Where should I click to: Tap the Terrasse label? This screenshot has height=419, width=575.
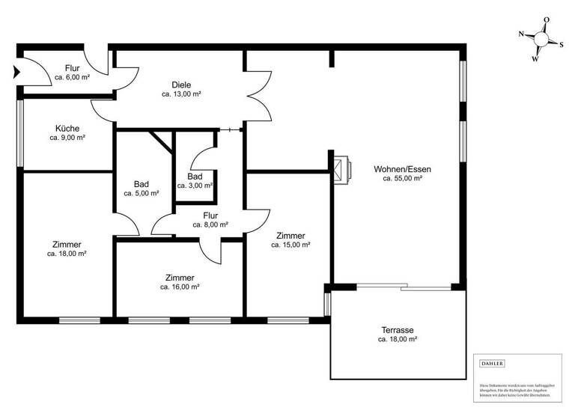point(397,330)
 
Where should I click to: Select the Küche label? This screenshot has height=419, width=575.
point(67,128)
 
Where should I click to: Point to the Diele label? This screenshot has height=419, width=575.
point(180,85)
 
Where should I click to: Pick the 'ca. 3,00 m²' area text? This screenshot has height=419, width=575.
point(195,186)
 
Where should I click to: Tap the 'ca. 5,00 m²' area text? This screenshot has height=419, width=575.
point(141,193)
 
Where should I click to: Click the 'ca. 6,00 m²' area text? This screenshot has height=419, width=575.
point(72,78)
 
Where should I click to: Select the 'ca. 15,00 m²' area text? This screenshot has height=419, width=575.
point(290,245)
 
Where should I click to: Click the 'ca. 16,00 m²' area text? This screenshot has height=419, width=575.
point(180,287)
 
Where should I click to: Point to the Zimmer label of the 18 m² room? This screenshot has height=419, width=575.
point(67,244)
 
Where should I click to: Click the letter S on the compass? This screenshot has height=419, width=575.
point(562,43)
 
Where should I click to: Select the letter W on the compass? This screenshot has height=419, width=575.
point(535,58)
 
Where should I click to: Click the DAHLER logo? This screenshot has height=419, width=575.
point(491,364)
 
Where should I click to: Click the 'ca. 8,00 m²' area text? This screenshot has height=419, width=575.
point(210,224)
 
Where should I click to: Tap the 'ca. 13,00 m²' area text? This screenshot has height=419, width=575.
point(180,94)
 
